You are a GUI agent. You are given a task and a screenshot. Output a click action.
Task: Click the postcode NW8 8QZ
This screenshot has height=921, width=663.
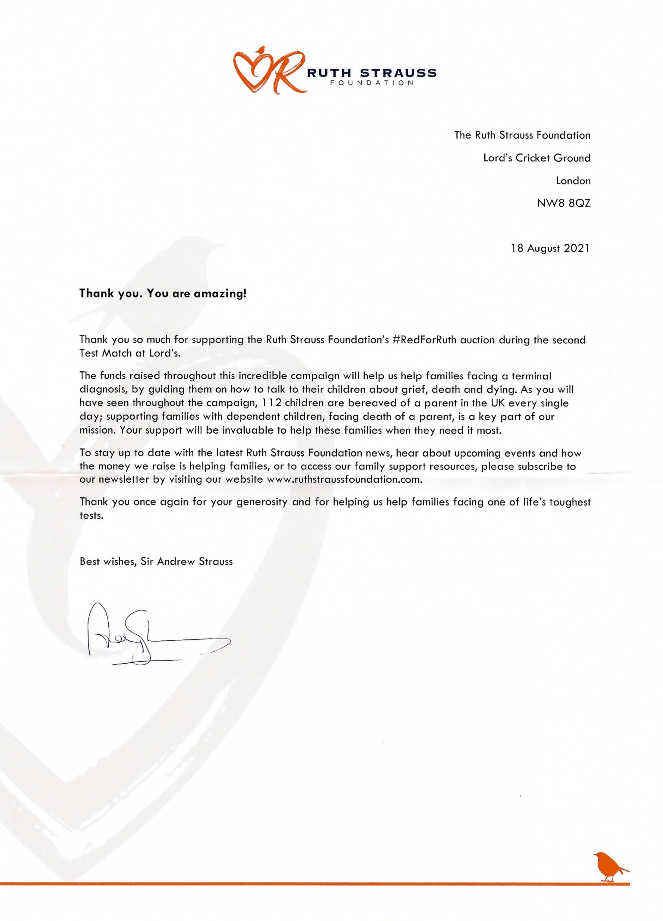pyautogui.click(x=564, y=203)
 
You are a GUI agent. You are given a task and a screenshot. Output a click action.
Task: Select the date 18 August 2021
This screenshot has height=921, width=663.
pyautogui.click(x=550, y=248)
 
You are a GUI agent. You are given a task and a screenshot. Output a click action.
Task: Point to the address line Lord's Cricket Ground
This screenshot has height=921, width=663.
pyautogui.click(x=537, y=158)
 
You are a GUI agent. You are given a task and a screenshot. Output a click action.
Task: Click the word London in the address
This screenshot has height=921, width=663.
pyautogui.click(x=573, y=181)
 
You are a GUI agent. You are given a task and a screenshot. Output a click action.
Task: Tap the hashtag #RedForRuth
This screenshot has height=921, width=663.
pyautogui.click(x=425, y=340)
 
